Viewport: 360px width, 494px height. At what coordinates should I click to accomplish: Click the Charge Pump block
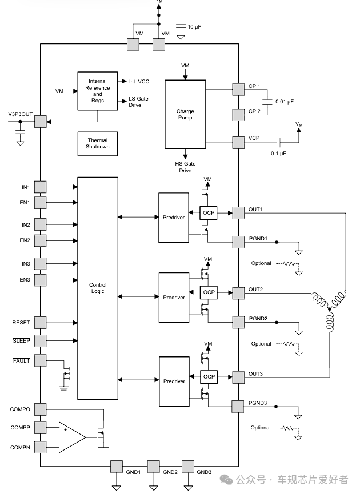click(x=185, y=114)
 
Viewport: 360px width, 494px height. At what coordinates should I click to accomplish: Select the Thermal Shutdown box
click(x=98, y=144)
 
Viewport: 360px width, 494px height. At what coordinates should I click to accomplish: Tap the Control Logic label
click(x=98, y=288)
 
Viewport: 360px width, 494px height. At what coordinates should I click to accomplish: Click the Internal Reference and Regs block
click(x=98, y=91)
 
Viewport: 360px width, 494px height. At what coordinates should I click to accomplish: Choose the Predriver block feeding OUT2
click(x=174, y=297)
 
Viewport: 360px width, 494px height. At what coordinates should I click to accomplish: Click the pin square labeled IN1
click(x=41, y=187)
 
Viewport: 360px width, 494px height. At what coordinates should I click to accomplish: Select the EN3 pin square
click(x=41, y=280)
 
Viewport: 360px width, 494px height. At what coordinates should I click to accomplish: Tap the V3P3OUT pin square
click(x=41, y=121)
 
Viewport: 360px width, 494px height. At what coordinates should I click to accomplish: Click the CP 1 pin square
click(x=238, y=89)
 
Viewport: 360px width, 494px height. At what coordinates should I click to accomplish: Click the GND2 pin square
click(x=154, y=465)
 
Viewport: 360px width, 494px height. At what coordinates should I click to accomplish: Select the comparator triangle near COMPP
click(x=71, y=436)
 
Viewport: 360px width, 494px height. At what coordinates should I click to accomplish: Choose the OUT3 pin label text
click(x=255, y=373)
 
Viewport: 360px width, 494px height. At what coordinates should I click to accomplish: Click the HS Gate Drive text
click(x=185, y=167)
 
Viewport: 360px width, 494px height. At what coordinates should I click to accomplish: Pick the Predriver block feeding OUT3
click(x=174, y=381)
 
